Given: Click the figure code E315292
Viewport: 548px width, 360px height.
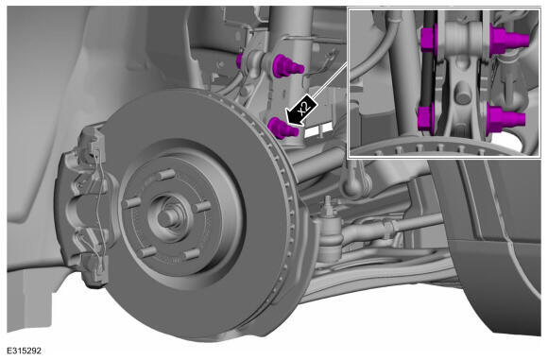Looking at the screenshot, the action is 25,351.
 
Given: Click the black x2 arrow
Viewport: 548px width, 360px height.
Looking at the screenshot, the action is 300,110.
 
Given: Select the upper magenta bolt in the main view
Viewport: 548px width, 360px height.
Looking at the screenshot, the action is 287,65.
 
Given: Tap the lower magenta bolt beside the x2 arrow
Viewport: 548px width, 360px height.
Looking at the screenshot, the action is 283,128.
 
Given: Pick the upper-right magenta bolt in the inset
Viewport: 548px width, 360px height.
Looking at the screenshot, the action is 508,39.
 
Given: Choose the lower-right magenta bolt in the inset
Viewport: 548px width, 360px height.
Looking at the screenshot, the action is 505,118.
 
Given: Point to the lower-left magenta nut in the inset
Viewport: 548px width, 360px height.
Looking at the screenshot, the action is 426,117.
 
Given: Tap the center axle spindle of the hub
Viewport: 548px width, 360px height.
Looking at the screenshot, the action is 168,217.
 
